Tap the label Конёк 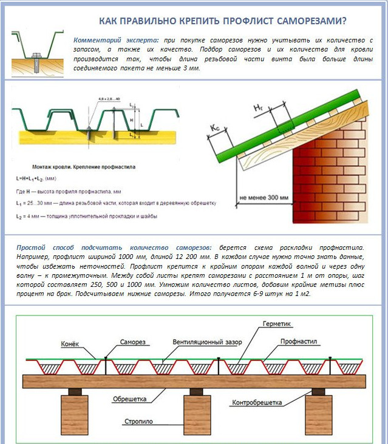click(70, 343)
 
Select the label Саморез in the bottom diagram click(133, 341)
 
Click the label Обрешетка click(129, 399)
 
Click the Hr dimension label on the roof click(257, 107)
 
